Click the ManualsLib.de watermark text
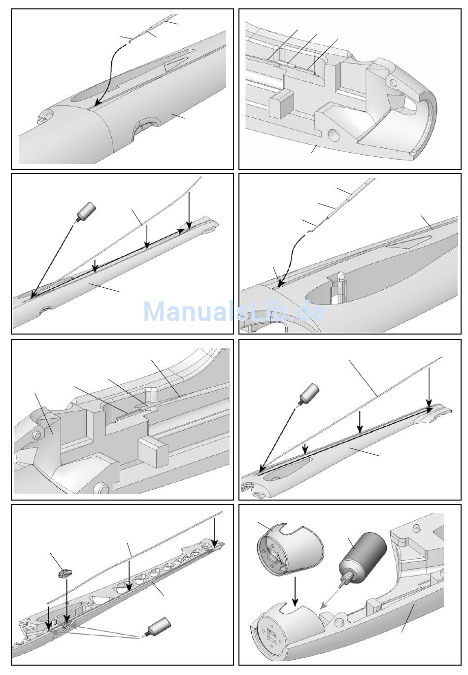point(234,311)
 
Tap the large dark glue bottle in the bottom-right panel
point(365,554)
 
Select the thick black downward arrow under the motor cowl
point(295,592)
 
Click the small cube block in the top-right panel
point(279,103)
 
